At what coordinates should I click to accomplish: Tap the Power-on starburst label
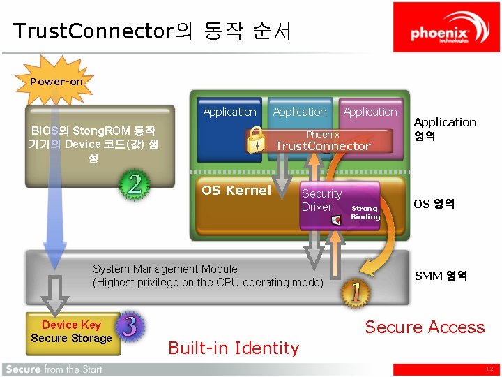56,82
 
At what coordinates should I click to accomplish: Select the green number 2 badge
135,185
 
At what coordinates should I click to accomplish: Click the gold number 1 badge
356,293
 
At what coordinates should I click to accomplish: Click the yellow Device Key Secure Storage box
71,332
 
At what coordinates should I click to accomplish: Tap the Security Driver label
321,200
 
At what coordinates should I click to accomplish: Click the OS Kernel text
236,190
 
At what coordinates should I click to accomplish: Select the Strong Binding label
365,212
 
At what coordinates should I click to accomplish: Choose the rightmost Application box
370,112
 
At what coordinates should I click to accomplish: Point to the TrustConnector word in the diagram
323,146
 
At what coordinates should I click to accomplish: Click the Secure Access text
425,327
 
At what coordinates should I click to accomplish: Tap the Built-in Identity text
234,348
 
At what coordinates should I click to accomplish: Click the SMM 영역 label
441,276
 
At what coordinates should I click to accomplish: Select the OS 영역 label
434,204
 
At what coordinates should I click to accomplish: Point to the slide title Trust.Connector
152,31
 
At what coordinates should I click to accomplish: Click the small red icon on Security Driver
336,220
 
